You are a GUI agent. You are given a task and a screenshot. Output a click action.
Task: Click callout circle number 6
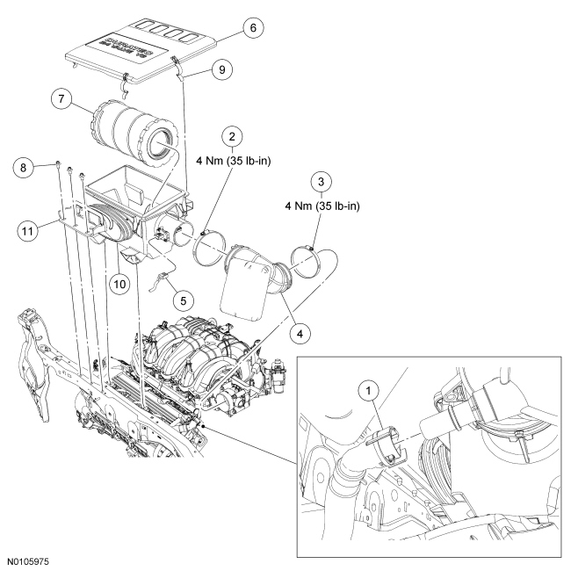(251, 28)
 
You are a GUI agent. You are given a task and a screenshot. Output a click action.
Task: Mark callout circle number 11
(29, 231)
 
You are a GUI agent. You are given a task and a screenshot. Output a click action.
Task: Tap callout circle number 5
(183, 300)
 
